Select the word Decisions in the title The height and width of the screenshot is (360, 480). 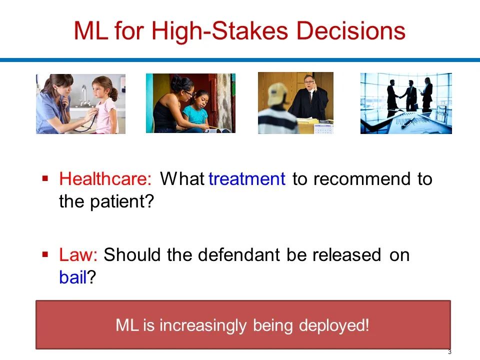click(x=351, y=31)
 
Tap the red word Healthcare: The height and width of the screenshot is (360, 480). click(x=105, y=178)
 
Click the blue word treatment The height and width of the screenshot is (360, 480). click(x=246, y=179)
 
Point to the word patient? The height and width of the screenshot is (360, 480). click(x=122, y=202)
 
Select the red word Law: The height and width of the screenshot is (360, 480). click(x=78, y=254)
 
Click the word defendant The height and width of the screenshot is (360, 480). click(x=239, y=254)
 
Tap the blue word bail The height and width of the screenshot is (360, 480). click(x=73, y=277)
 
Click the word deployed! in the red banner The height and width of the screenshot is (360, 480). click(x=334, y=325)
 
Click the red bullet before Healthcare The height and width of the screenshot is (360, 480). click(x=45, y=178)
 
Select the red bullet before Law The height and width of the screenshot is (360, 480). click(x=45, y=254)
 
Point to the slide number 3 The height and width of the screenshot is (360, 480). click(x=449, y=352)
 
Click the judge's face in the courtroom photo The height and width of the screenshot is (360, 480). click(x=309, y=83)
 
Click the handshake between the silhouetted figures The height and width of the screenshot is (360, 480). click(x=400, y=96)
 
